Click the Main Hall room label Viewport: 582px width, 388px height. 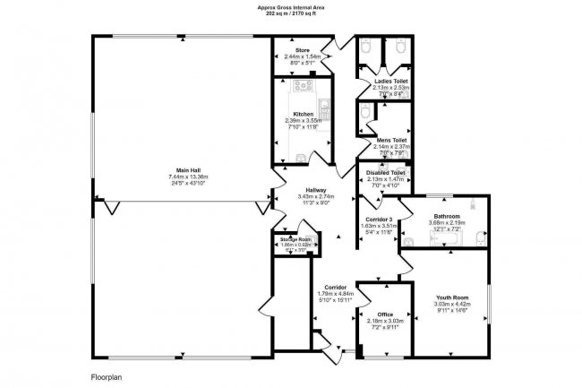(187, 169)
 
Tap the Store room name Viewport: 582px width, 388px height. (303, 50)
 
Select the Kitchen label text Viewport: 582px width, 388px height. (303, 114)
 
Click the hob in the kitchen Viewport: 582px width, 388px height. (300, 88)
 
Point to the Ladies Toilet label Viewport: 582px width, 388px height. (390, 81)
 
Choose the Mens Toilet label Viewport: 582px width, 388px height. (390, 141)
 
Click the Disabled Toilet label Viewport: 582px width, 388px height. (387, 172)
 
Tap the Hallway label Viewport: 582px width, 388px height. (315, 189)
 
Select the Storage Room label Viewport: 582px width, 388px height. (293, 239)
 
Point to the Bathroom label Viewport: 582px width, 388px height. (447, 217)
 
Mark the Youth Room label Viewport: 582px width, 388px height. (451, 297)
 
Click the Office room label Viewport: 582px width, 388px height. (385, 314)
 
